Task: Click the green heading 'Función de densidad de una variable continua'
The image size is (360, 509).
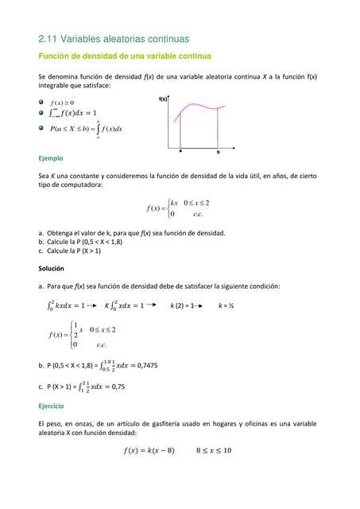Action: (124, 56)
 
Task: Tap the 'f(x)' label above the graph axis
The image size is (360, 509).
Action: (164, 99)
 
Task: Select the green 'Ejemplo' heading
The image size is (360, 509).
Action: (51, 158)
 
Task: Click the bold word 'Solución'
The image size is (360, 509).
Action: (53, 270)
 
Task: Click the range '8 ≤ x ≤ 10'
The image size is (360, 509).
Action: (214, 450)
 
